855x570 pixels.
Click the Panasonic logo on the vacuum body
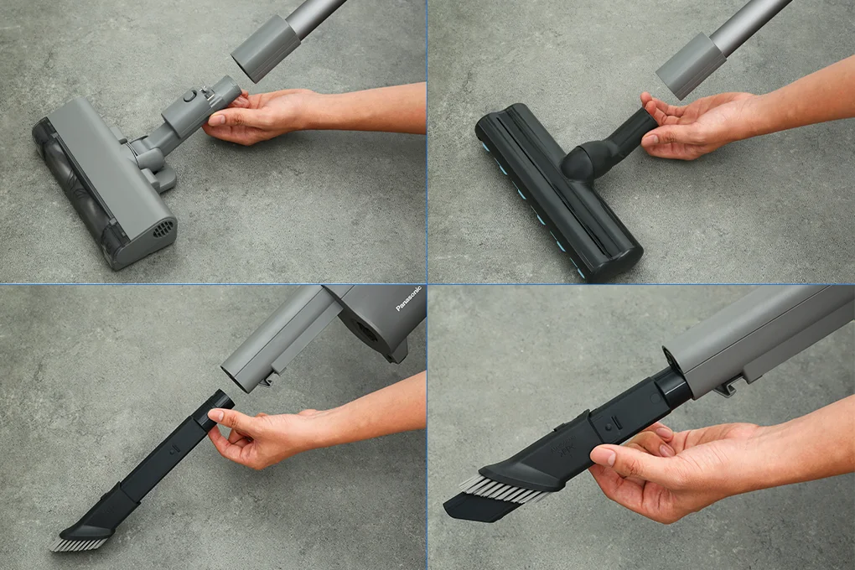408,299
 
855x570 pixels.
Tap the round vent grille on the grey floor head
164,228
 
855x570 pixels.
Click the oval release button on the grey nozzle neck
189,97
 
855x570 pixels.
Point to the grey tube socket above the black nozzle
691,66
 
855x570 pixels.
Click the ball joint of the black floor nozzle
583,159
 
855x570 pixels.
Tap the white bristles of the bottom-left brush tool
79,543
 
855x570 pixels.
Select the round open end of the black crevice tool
220,401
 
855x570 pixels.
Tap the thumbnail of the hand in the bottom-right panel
604,455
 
